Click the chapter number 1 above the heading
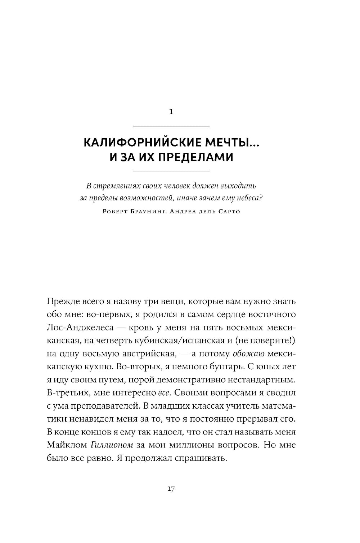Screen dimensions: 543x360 (x=171, y=112)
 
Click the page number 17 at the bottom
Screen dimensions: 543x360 (x=171, y=489)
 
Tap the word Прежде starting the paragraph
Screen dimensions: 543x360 (x=61, y=301)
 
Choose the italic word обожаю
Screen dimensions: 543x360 (x=249, y=354)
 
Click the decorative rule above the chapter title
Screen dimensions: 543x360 (x=171, y=127)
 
